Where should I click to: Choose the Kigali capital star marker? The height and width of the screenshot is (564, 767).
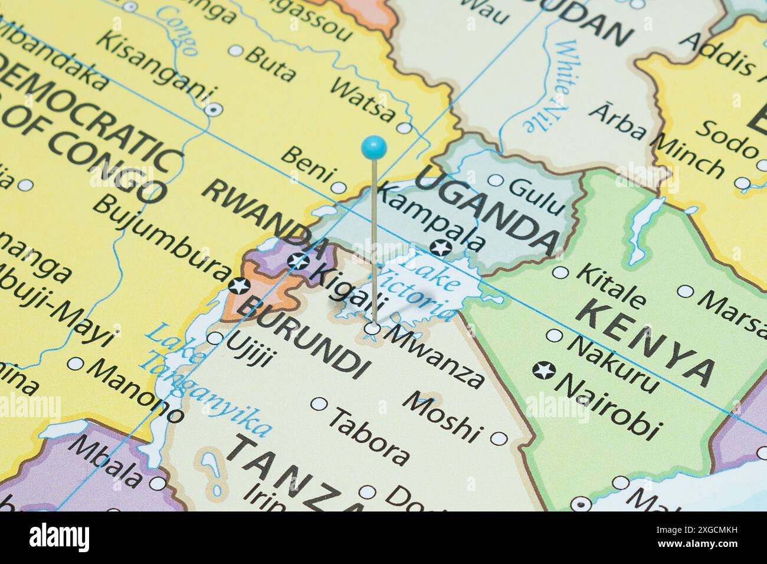299,260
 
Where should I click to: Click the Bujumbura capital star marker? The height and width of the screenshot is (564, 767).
239,286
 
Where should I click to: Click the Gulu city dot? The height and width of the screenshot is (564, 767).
496,181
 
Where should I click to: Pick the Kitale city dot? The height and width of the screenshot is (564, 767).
561,273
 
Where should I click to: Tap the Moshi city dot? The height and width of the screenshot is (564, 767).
499,438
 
